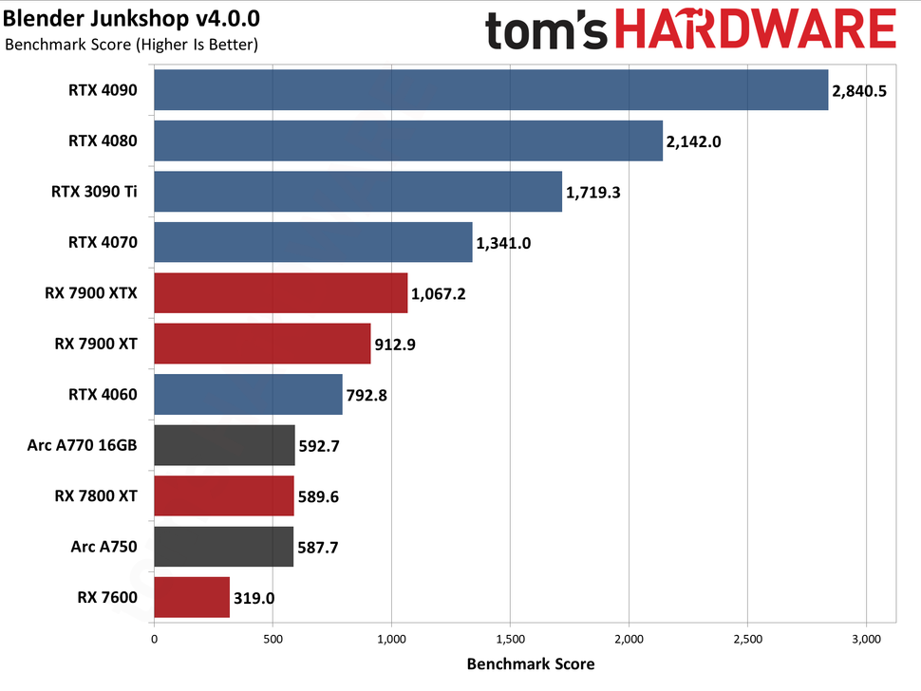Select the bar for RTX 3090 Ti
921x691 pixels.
click(357, 192)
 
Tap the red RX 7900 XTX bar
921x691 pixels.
click(280, 293)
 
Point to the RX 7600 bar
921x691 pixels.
click(192, 598)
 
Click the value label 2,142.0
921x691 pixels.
click(695, 141)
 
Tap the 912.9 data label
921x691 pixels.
click(398, 345)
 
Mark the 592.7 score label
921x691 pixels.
click(323, 446)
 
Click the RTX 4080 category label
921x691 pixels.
click(103, 141)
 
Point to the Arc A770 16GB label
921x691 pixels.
click(83, 446)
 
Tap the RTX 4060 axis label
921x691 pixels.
click(103, 395)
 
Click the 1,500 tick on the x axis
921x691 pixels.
click(511, 639)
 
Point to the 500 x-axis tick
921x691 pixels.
click(273, 639)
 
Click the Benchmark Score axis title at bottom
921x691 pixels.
click(530, 664)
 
